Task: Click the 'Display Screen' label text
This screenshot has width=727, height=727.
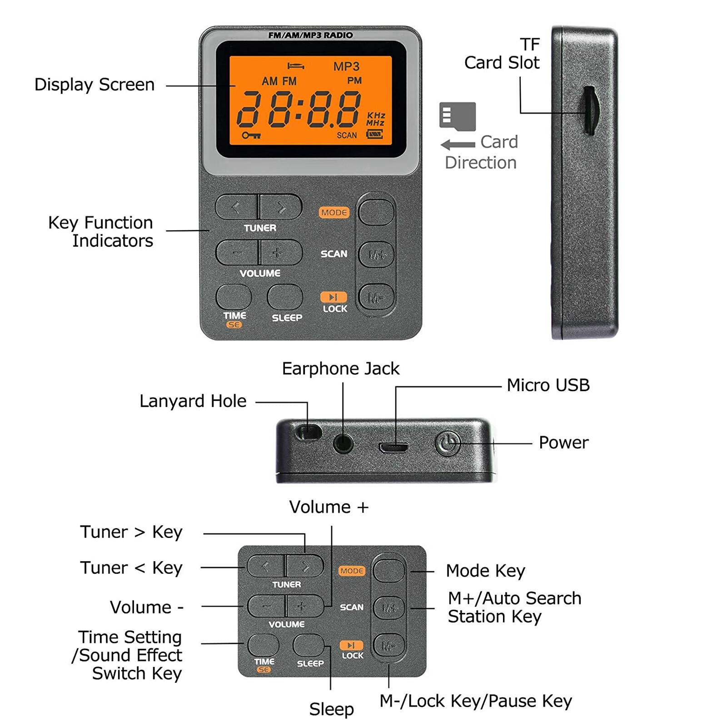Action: tap(95, 85)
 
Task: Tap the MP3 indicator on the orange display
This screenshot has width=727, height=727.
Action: tap(346, 67)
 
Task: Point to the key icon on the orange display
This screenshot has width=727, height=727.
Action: tap(251, 135)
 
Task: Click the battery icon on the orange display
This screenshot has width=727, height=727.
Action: tap(375, 134)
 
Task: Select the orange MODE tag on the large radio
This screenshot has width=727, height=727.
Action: tap(334, 212)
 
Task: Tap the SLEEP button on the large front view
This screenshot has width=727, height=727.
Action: tap(285, 297)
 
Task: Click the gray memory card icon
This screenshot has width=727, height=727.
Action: tap(457, 116)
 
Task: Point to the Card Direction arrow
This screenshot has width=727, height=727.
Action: tap(458, 145)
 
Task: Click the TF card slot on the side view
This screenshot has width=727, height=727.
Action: tap(589, 110)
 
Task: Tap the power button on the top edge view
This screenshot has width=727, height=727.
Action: tap(448, 443)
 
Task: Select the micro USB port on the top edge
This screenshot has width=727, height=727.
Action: tap(393, 448)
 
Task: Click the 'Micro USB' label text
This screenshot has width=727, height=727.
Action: tap(548, 385)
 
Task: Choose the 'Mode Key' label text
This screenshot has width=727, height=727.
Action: tap(485, 571)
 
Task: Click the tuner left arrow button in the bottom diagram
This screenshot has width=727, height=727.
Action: tap(266, 566)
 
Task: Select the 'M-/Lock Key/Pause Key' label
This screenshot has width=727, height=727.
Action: tap(475, 701)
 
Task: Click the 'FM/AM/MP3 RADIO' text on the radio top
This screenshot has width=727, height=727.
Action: tap(310, 35)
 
